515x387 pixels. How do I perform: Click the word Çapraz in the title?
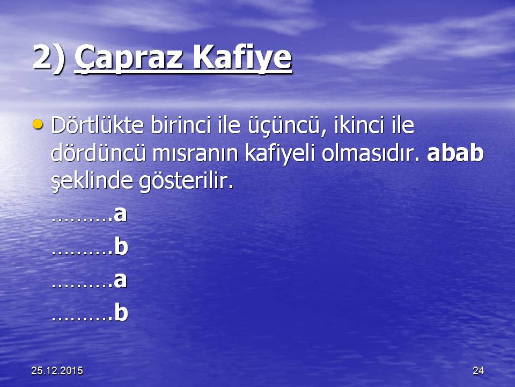pyautogui.click(x=129, y=58)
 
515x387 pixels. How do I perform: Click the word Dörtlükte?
pyautogui.click(x=98, y=125)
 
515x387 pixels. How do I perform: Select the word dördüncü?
pyautogui.click(x=98, y=153)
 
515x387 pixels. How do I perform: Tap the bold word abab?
pyautogui.click(x=455, y=153)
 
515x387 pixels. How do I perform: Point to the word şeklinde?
pyautogui.click(x=92, y=181)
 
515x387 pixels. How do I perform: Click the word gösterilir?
pyautogui.click(x=186, y=181)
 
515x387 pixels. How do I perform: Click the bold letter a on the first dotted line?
pyautogui.click(x=120, y=214)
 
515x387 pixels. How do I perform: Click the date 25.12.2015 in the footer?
pyautogui.click(x=57, y=370)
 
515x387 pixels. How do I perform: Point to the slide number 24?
pyautogui.click(x=478, y=370)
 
